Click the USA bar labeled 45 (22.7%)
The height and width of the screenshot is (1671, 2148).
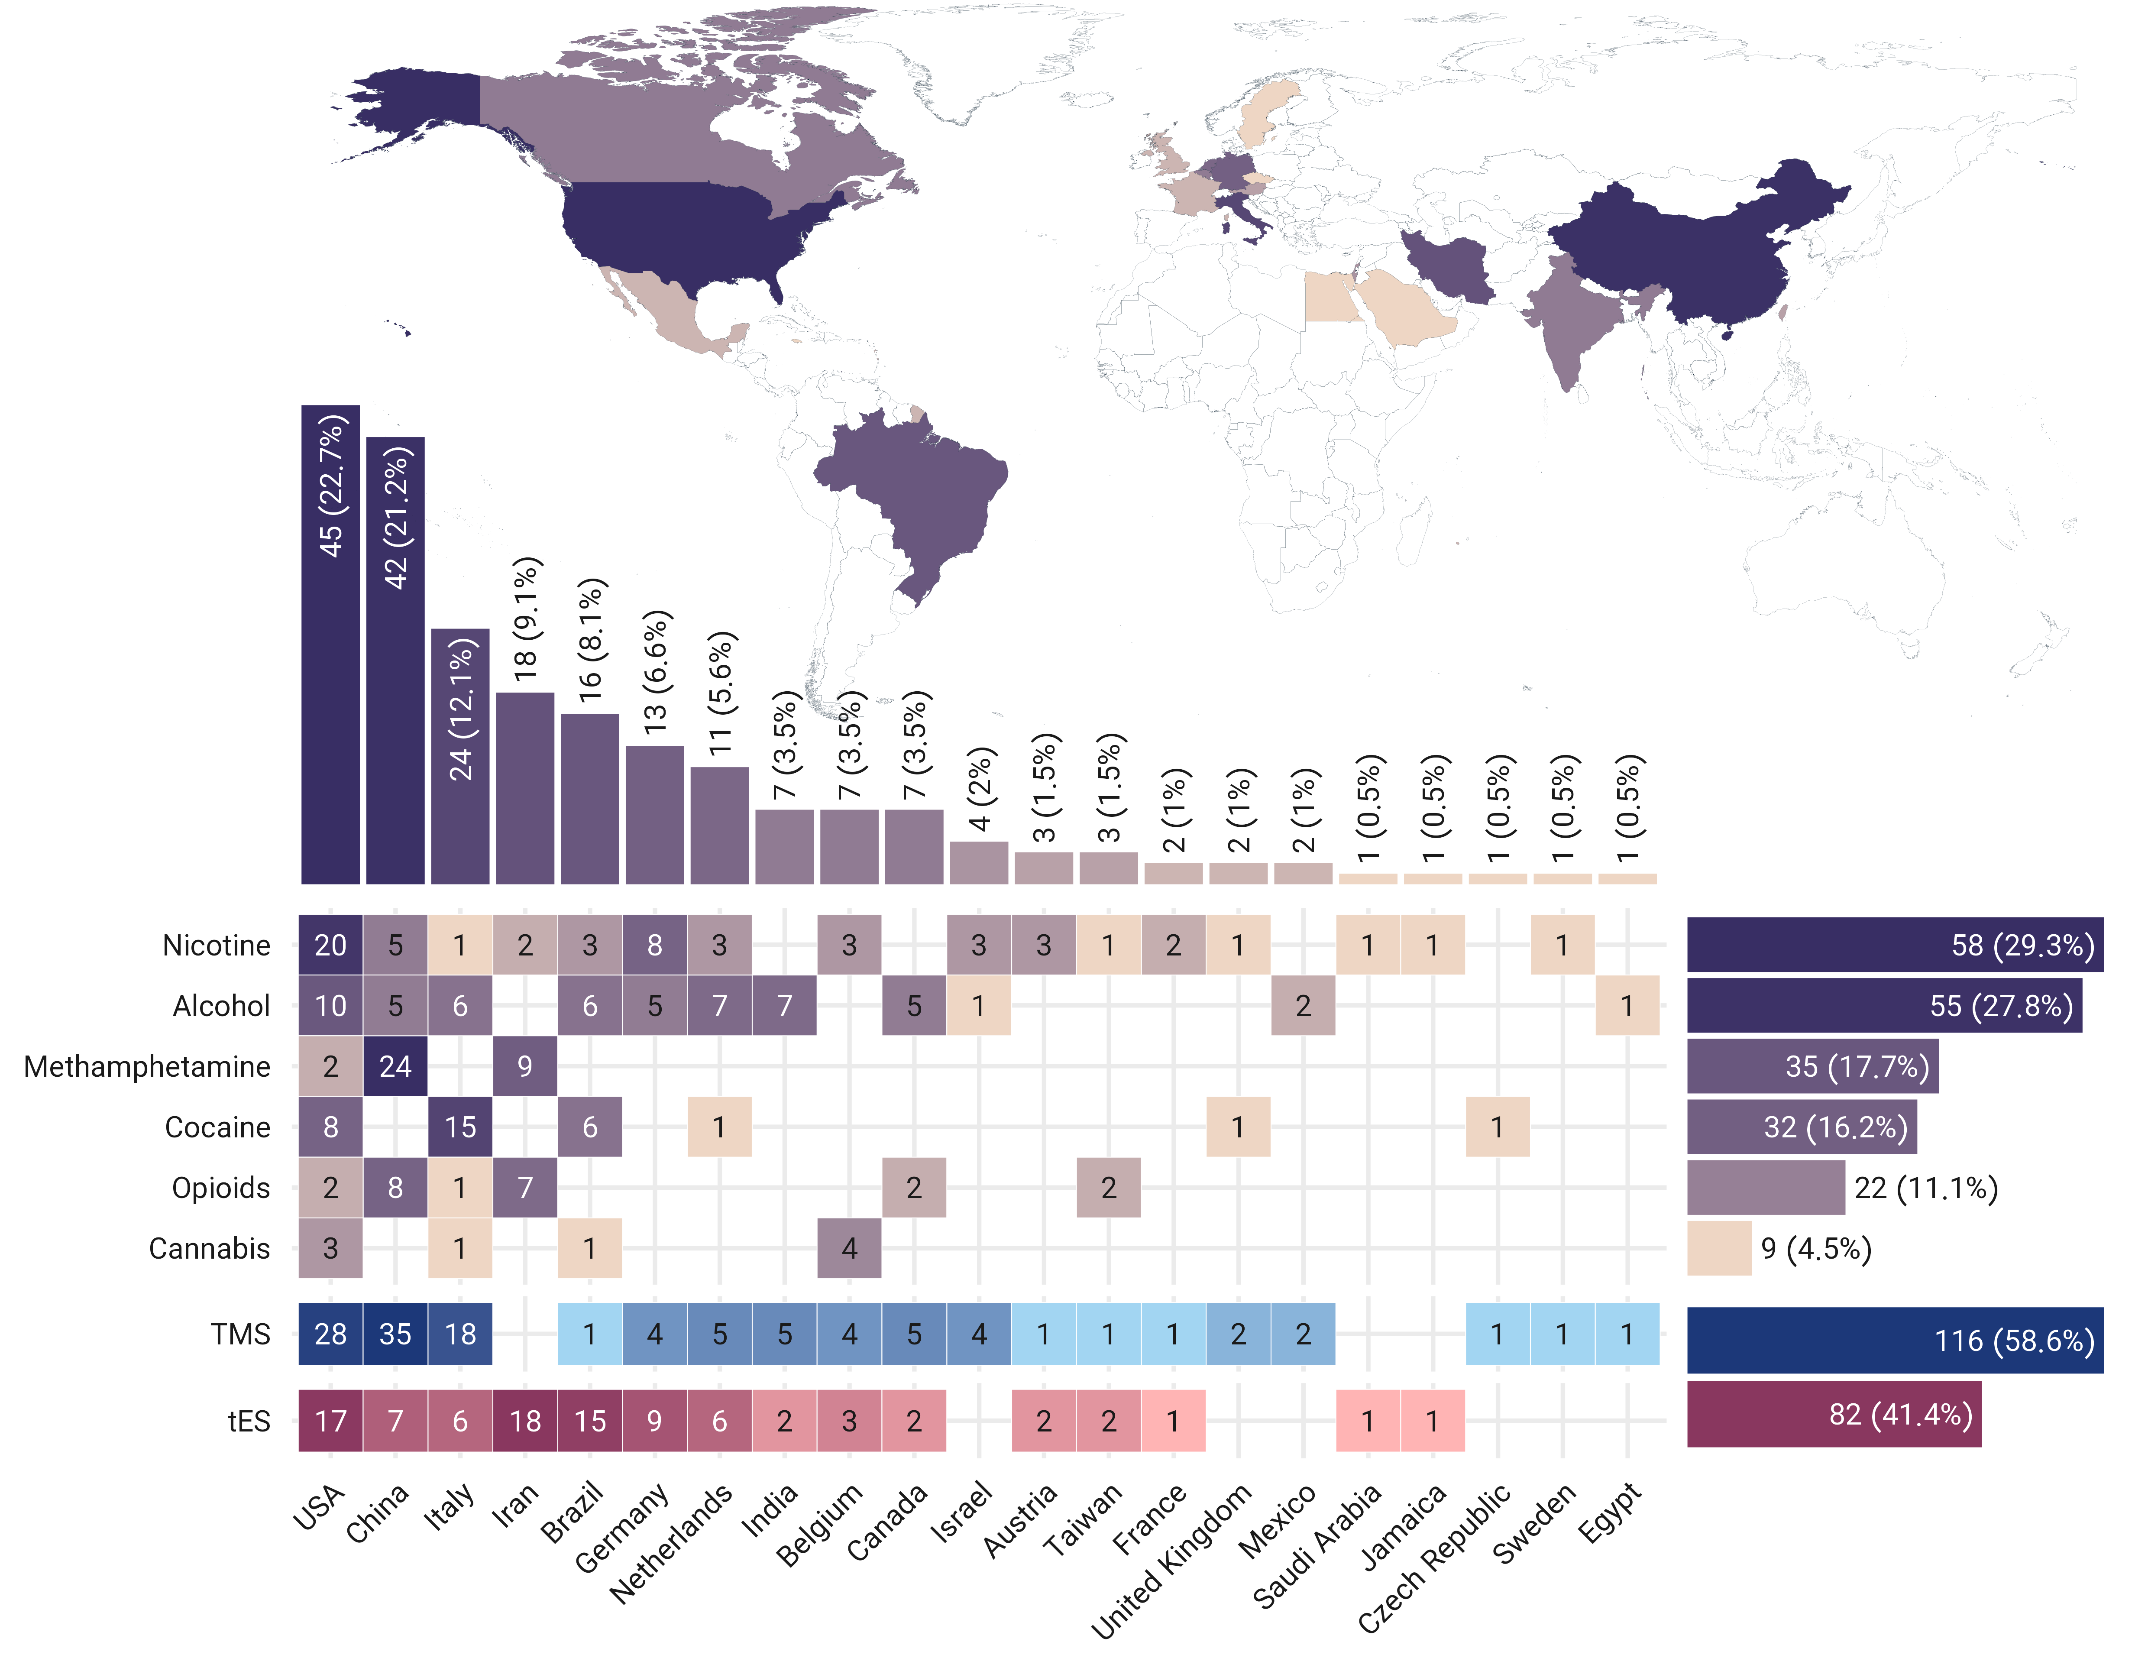tap(330, 644)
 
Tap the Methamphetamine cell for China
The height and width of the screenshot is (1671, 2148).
tap(395, 1066)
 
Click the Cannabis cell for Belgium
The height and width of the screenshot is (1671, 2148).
tap(849, 1248)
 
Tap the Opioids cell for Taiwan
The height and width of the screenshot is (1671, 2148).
tap(1108, 1188)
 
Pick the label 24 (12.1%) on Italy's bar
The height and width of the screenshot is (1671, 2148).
tap(460, 708)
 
